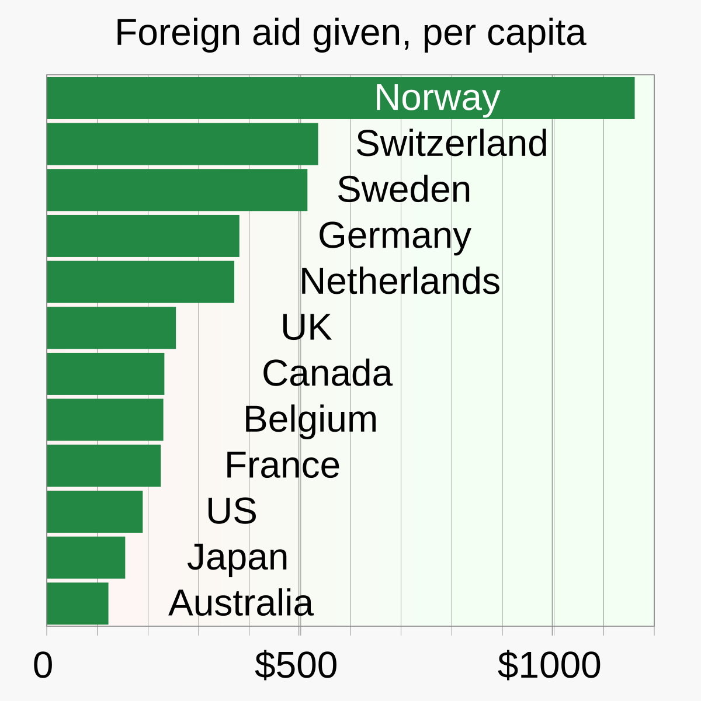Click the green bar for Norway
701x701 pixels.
(234, 98)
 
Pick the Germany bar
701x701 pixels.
(143, 235)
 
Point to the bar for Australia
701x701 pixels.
(78, 603)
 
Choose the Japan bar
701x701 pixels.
(86, 557)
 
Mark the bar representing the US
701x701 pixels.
(95, 511)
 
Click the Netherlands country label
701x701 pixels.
(400, 282)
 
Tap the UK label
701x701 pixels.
(306, 327)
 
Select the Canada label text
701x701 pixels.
(327, 373)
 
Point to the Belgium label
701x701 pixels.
(310, 419)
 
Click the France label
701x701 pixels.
(282, 466)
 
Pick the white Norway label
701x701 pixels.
(437, 98)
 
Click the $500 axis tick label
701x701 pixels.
(296, 665)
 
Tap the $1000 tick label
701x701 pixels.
(549, 665)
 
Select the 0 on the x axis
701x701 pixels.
(43, 665)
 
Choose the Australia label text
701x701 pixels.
(241, 603)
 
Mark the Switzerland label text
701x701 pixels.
(452, 144)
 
